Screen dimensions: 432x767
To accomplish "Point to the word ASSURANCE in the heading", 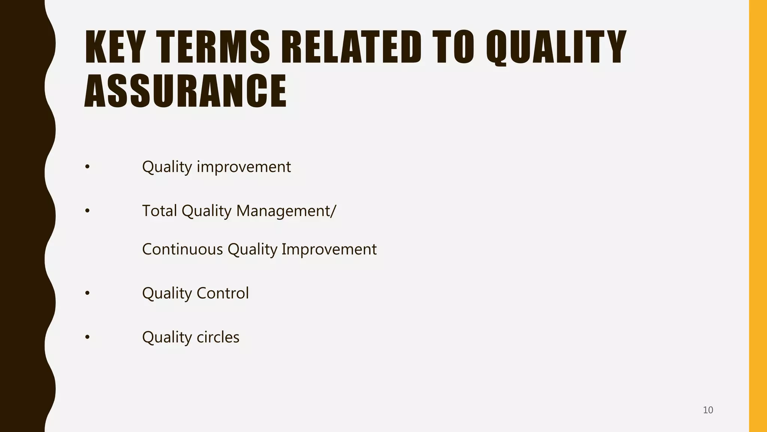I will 185,91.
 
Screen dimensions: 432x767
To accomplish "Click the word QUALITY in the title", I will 556,47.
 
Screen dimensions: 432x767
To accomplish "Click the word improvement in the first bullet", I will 244,167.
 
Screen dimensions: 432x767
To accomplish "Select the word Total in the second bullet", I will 160,211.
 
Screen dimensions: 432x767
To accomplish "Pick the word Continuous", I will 182,249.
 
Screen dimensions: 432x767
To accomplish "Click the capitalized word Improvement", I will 329,249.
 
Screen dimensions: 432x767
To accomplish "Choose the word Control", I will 222,293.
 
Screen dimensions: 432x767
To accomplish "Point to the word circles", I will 218,337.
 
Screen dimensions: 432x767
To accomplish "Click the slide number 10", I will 708,410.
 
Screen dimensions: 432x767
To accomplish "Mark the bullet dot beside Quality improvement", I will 87,167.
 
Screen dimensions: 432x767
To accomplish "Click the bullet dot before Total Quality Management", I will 87,211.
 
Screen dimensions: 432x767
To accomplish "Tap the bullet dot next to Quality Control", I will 87,293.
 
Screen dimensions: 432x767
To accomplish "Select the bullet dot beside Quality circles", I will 87,337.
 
